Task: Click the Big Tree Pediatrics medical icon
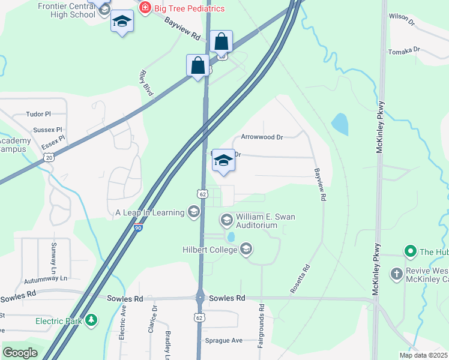[x=144, y=8]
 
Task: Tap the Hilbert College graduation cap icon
[x=246, y=248]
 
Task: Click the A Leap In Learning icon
[x=193, y=212]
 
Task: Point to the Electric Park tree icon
[x=91, y=320]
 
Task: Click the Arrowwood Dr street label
[x=262, y=137]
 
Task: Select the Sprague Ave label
[x=224, y=340]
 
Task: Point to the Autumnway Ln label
[x=46, y=279]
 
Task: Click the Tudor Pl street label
[x=39, y=113]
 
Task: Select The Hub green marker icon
[x=411, y=251]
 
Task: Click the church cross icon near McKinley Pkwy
[x=396, y=274]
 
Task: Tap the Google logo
[x=19, y=353]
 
